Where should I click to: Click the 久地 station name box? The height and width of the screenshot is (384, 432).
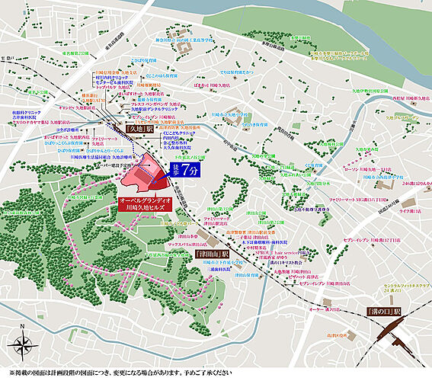(140, 130)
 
